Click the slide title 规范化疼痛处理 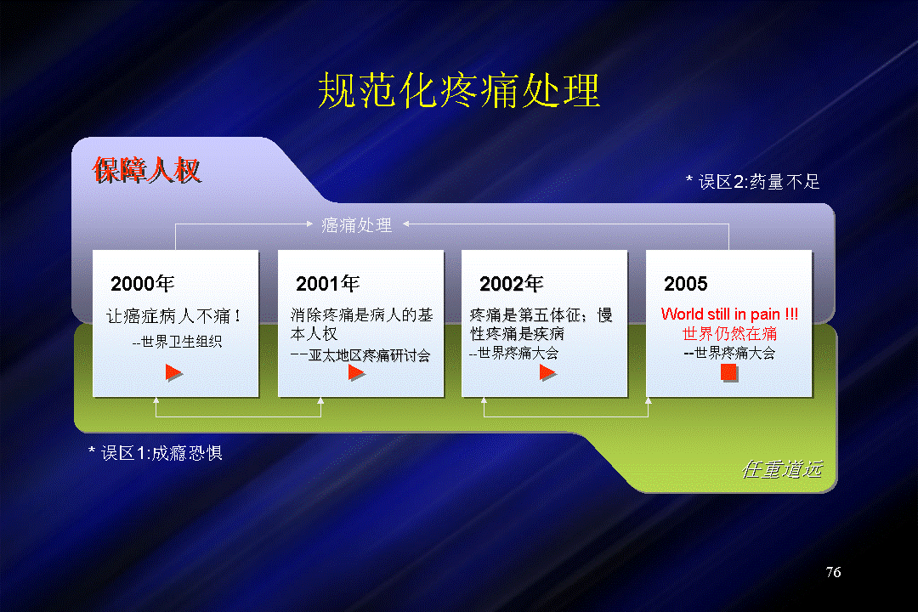click(459, 91)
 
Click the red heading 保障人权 click(147, 170)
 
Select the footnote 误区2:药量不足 click(753, 182)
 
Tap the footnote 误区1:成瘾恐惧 click(156, 453)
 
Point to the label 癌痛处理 click(356, 225)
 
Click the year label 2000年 click(143, 283)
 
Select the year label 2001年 click(328, 283)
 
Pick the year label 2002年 click(512, 283)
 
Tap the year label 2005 click(686, 283)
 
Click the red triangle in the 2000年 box click(174, 372)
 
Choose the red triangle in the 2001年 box click(356, 372)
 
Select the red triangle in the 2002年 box click(547, 372)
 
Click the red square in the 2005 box click(729, 372)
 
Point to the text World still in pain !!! click(729, 314)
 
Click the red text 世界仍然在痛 click(729, 334)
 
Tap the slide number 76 click(833, 572)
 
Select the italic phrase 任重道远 click(782, 469)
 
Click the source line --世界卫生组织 click(178, 342)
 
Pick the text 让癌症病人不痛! click(173, 316)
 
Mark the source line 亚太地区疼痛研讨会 click(370, 355)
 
